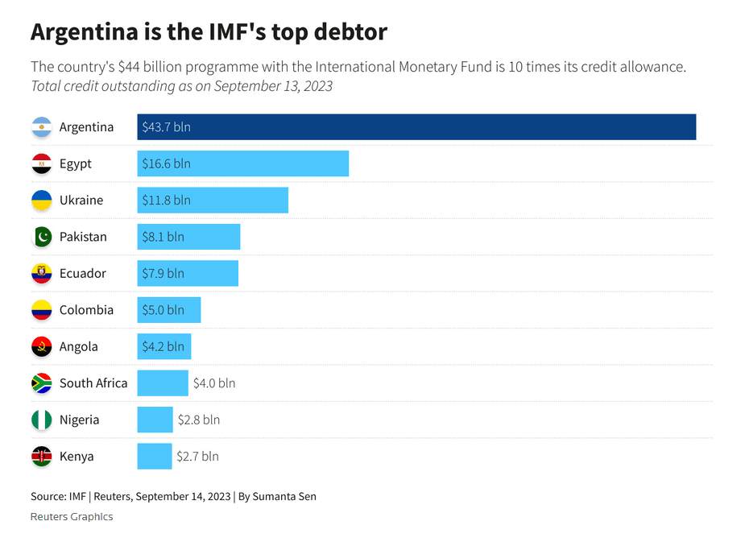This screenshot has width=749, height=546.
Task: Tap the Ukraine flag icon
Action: coord(42,201)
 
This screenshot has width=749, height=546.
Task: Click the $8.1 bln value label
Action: coord(163,237)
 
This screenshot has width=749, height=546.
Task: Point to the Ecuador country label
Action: coord(82,273)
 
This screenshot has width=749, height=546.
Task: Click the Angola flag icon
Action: coord(42,347)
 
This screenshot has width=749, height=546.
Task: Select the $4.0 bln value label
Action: coord(214,383)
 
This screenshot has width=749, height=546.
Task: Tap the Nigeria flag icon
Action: coord(42,420)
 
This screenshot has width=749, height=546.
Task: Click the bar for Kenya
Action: coord(154,457)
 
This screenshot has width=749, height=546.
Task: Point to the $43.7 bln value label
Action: coord(166,127)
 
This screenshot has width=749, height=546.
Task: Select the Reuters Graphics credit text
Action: coord(72,517)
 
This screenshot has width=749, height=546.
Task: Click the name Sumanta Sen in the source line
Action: coord(284,496)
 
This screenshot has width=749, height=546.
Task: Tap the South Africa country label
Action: coord(93,383)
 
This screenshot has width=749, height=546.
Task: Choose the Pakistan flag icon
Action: coord(42,237)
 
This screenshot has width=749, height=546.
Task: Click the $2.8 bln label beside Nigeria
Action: coord(199,420)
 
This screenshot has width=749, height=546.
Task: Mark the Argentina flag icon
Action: coord(42,127)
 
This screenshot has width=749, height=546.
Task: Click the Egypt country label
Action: coord(76,163)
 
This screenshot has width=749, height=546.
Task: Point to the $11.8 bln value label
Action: coord(166,201)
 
